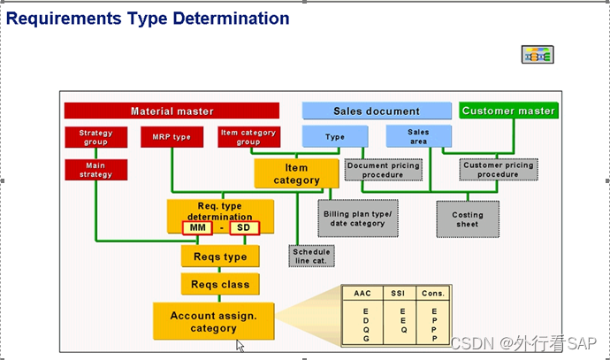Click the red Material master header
[172, 111]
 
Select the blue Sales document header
[377, 111]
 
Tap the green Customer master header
[508, 111]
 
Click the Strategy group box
[95, 137]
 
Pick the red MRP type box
[172, 137]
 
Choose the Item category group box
[248, 137]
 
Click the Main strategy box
[95, 170]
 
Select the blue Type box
[335, 137]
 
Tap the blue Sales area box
[418, 136]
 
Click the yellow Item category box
[296, 173]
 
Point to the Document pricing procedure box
[383, 170]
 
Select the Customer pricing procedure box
[499, 170]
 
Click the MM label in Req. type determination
[197, 228]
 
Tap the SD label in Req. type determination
[243, 228]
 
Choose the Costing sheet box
[468, 219]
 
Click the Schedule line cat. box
[310, 256]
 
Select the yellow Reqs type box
[221, 257]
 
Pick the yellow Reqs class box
[221, 284]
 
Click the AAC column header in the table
[362, 294]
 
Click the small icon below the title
[538, 55]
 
